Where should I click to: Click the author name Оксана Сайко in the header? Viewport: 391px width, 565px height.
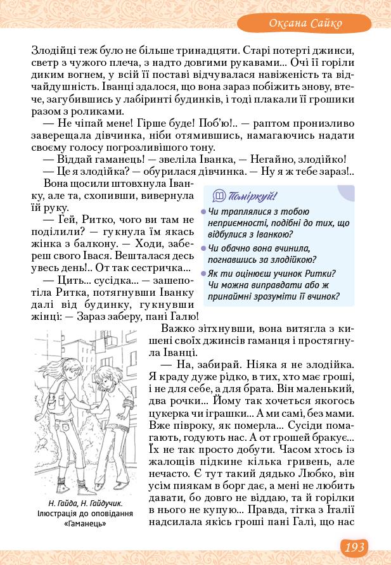pos(306,23)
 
